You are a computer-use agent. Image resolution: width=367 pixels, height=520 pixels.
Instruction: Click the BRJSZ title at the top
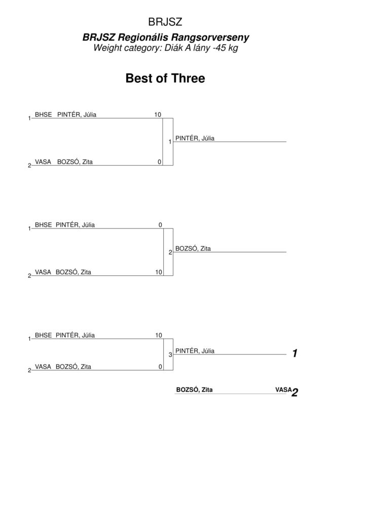(x=165, y=22)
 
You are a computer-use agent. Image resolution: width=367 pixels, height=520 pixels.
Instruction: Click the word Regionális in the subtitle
(x=143, y=37)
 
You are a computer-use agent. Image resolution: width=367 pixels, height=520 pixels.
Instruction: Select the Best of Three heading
(x=165, y=78)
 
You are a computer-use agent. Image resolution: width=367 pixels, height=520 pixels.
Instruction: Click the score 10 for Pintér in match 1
(x=158, y=114)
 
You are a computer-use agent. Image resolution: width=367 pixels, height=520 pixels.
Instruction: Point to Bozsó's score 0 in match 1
(x=160, y=162)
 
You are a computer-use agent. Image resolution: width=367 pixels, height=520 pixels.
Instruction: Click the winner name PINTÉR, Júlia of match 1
(x=195, y=138)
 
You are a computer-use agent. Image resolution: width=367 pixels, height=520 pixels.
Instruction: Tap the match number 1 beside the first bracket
(x=170, y=142)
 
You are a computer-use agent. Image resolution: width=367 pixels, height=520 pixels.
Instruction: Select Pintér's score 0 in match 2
(x=160, y=225)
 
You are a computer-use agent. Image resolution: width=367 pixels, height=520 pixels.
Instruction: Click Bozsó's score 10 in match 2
(x=159, y=272)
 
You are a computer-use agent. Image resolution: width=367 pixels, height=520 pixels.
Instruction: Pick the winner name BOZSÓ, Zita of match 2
(x=193, y=248)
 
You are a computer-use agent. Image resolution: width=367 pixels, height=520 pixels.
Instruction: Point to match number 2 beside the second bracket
(x=170, y=252)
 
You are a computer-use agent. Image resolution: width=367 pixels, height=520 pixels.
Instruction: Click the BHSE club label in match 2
(x=44, y=225)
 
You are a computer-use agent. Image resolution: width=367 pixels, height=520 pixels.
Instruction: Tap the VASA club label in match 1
(x=43, y=162)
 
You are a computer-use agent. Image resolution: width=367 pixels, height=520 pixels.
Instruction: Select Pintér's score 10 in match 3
(x=159, y=335)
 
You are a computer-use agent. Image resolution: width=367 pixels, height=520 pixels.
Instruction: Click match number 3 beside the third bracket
(x=170, y=355)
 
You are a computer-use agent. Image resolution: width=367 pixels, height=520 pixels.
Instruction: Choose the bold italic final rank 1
(x=295, y=353)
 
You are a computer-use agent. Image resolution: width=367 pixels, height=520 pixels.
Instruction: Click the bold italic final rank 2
(x=295, y=393)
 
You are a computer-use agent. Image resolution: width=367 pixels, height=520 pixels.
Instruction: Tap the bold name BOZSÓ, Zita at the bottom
(x=194, y=389)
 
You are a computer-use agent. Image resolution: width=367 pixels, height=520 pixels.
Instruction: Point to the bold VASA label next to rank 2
(x=283, y=389)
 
